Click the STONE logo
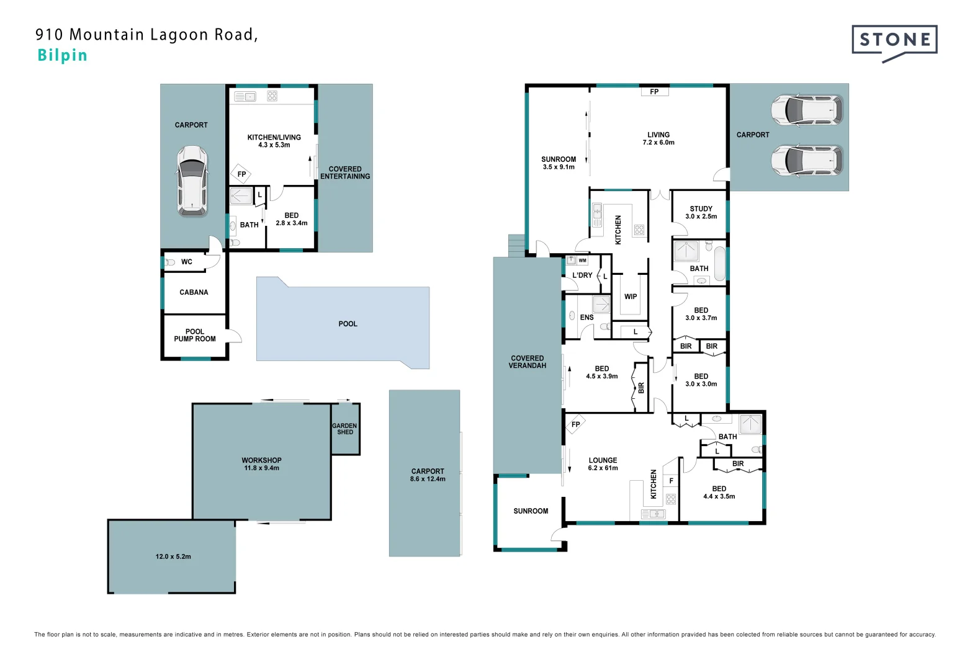(894, 41)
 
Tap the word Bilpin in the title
(62, 55)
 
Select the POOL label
(348, 324)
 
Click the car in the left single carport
(192, 181)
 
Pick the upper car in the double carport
(806, 110)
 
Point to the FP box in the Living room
(654, 92)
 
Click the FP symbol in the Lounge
(575, 424)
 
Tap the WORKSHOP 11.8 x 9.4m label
(261, 464)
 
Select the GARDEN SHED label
(344, 429)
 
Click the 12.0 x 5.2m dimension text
(173, 556)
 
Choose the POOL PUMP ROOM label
(195, 335)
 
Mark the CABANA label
(194, 292)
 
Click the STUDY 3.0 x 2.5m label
(701, 213)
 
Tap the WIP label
(631, 297)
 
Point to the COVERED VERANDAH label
(527, 362)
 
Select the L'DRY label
(582, 275)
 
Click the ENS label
(586, 318)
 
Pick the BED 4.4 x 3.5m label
(719, 493)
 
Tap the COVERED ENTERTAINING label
(345, 172)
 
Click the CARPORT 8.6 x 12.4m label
(428, 475)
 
